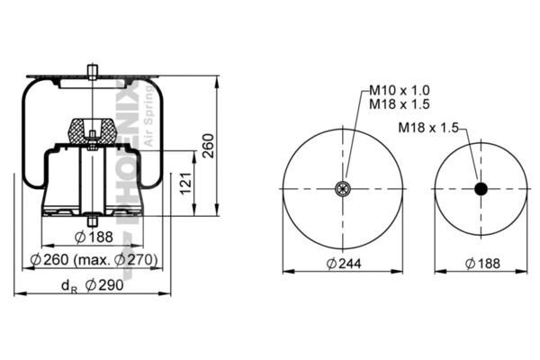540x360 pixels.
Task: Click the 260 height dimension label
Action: (209, 146)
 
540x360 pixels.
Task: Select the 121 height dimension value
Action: (186, 184)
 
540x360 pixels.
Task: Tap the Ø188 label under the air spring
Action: (94, 237)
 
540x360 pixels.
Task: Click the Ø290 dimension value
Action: (104, 284)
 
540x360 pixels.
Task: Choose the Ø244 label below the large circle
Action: (344, 264)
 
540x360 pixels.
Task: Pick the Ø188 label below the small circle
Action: (482, 264)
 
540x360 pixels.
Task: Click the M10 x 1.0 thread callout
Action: (400, 90)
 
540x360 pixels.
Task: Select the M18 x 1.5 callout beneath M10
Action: (400, 103)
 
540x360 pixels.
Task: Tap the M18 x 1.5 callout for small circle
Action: (428, 128)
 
